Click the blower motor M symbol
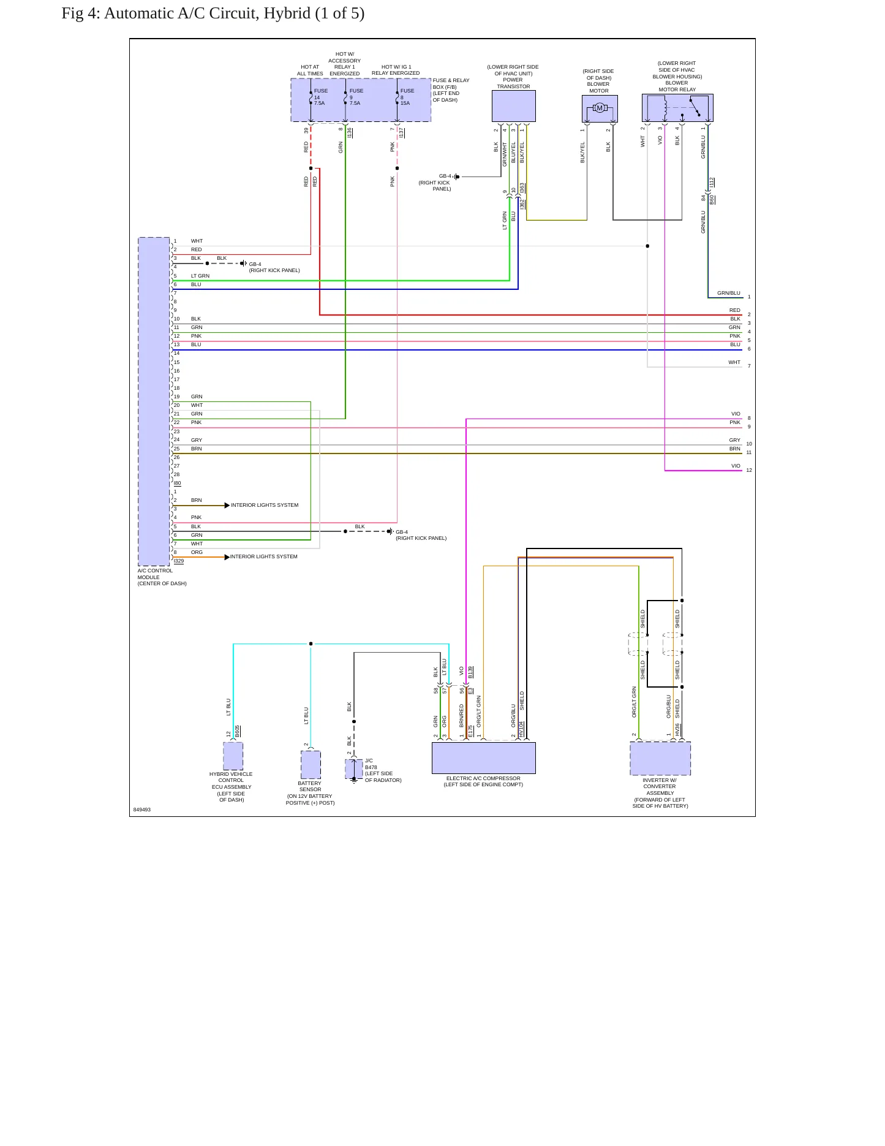(600, 108)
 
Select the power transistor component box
(514, 107)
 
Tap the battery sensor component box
(311, 765)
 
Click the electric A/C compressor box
(484, 758)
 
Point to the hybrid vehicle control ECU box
(233, 756)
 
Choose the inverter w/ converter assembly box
(660, 759)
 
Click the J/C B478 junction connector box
(354, 768)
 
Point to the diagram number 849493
(142, 810)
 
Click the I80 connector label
(178, 484)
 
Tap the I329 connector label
(179, 561)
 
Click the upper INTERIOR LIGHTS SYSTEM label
(265, 505)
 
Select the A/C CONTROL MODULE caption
(162, 577)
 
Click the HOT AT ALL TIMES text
(310, 70)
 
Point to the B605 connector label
(238, 731)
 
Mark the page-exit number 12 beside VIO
(749, 470)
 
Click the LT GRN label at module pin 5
(200, 276)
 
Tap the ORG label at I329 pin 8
(197, 552)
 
